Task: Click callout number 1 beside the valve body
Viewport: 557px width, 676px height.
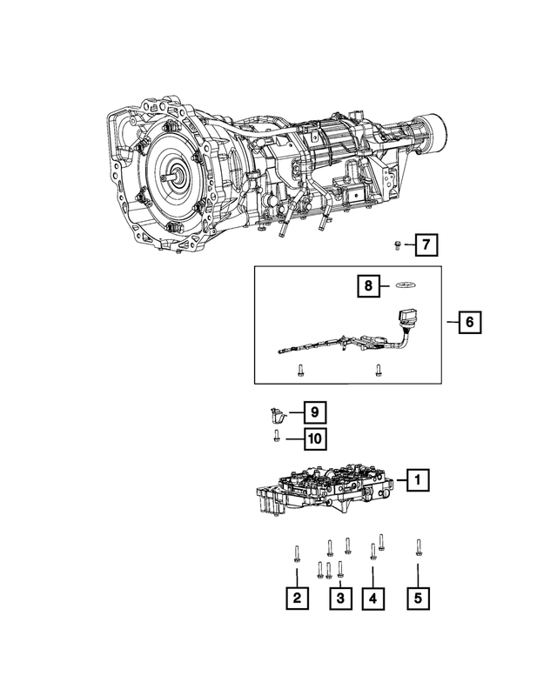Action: [x=418, y=479]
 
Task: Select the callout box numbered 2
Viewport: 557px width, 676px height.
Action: [x=298, y=598]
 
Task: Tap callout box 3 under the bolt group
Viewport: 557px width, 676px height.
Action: [x=340, y=598]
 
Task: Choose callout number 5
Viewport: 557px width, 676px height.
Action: [x=418, y=598]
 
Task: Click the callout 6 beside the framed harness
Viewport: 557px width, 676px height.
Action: [x=468, y=323]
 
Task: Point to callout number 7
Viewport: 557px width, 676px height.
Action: [x=426, y=246]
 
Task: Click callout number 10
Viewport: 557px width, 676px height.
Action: [x=314, y=438]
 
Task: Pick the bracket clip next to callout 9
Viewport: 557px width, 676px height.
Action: [x=277, y=414]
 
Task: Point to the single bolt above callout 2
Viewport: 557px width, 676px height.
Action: [x=298, y=552]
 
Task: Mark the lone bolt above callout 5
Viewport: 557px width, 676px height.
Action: [x=418, y=546]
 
